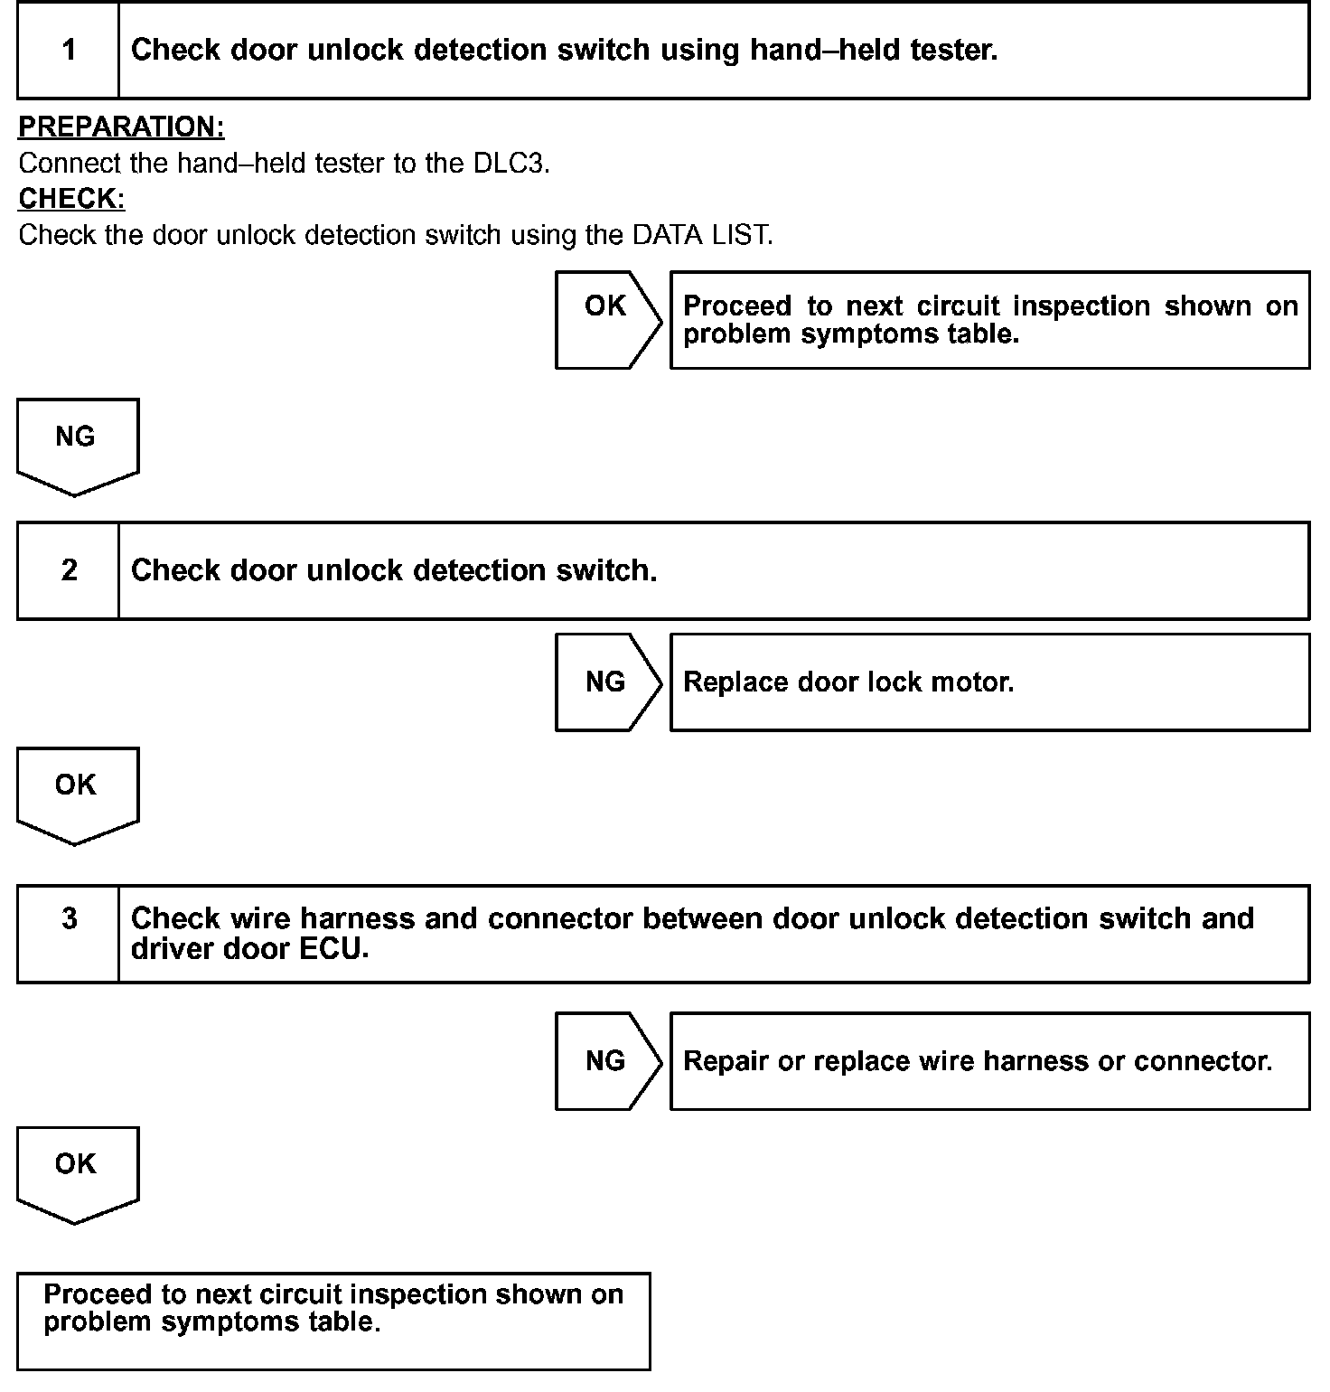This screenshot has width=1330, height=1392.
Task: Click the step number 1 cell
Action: coord(69,50)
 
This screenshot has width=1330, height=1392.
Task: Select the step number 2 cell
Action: coord(69,570)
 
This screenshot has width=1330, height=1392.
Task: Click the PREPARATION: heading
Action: coord(121,127)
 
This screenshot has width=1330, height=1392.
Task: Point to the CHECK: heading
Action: coord(71,198)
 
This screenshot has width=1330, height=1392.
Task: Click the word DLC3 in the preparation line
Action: coord(510,164)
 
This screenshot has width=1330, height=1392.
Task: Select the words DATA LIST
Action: coord(702,235)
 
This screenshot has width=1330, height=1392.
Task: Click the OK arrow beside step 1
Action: coord(606,319)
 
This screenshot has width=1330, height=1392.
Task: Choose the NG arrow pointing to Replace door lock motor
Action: coord(606,682)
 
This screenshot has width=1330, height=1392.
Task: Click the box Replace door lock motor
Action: coord(989,682)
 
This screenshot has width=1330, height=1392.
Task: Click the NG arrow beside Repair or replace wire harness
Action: coord(606,1060)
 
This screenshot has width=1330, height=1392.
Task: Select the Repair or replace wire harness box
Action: coord(989,1060)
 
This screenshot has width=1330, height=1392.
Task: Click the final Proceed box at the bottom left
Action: coord(333,1321)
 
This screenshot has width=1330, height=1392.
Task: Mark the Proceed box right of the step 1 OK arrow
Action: coord(989,319)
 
